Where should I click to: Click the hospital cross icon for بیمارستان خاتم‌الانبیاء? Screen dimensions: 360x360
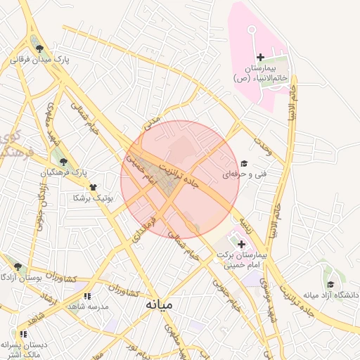[x=260, y=57]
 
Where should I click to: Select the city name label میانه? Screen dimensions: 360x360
[x=160, y=305]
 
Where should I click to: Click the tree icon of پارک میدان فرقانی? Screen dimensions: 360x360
[x=39, y=49]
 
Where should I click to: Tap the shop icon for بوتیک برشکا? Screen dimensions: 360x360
[x=93, y=187]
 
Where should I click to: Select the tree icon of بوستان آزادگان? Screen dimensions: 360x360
[x=18, y=267]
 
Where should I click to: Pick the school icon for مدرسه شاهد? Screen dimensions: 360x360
[x=87, y=297]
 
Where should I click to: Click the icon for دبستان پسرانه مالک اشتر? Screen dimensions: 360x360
[x=23, y=334]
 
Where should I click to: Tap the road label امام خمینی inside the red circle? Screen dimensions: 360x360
[x=139, y=169]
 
